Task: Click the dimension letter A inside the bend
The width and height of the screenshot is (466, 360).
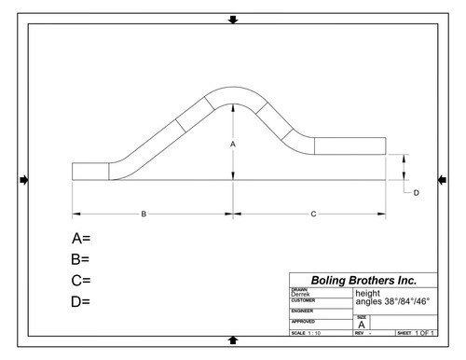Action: [x=233, y=145]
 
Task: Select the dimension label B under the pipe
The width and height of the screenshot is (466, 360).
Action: [x=144, y=214]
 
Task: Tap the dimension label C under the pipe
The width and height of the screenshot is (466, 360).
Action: [x=312, y=214]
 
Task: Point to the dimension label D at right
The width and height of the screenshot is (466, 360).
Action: [x=417, y=192]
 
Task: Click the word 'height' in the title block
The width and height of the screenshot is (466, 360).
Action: [x=368, y=293]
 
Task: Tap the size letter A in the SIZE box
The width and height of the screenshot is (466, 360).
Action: [x=362, y=324]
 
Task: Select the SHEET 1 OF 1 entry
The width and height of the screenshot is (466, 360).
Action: [x=416, y=333]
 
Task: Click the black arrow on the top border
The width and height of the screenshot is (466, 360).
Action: [x=232, y=19]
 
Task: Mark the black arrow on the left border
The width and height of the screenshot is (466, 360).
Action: [x=24, y=179]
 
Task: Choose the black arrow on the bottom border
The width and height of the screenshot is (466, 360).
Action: [x=232, y=341]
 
